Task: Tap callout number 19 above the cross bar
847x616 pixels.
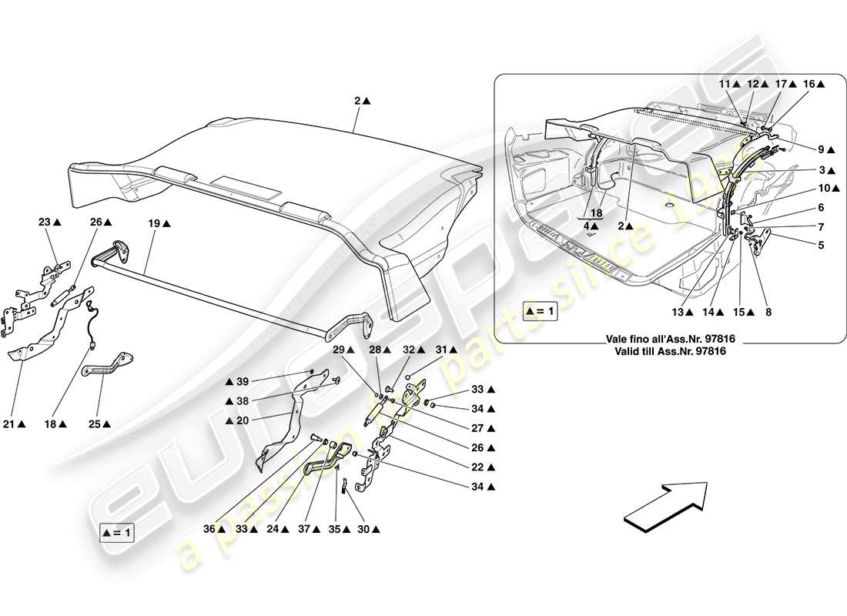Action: pyautogui.click(x=155, y=223)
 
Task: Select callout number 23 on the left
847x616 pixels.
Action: pyautogui.click(x=45, y=223)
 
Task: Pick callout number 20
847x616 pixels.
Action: pyautogui.click(x=243, y=420)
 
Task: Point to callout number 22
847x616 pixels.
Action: pyautogui.click(x=478, y=467)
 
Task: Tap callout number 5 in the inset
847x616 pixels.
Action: pyautogui.click(x=821, y=246)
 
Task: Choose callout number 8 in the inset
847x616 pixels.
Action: pyautogui.click(x=768, y=313)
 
